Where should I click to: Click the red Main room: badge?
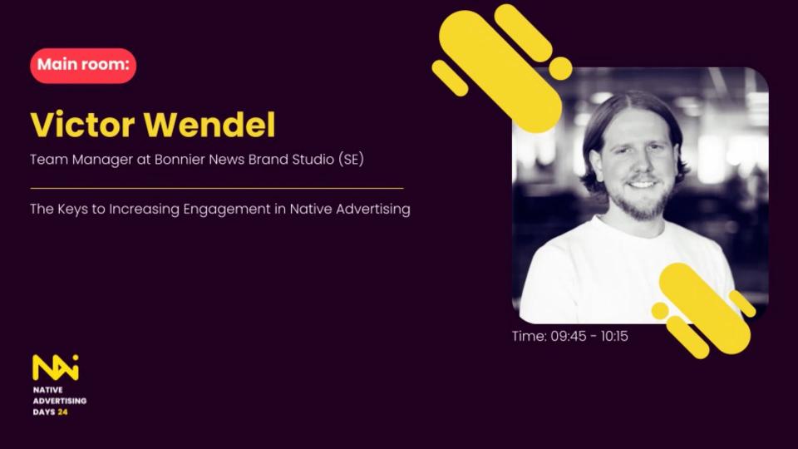pos(83,66)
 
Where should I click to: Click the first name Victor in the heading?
pos(81,125)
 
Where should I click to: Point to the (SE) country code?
pos(351,159)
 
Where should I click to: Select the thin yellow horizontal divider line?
pos(216,188)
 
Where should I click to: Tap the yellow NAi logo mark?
pos(55,367)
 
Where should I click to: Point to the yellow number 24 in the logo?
pos(63,412)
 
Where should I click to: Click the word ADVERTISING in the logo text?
pos(59,401)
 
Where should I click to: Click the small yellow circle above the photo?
pos(561,68)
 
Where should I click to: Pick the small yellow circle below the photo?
pos(660,311)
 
